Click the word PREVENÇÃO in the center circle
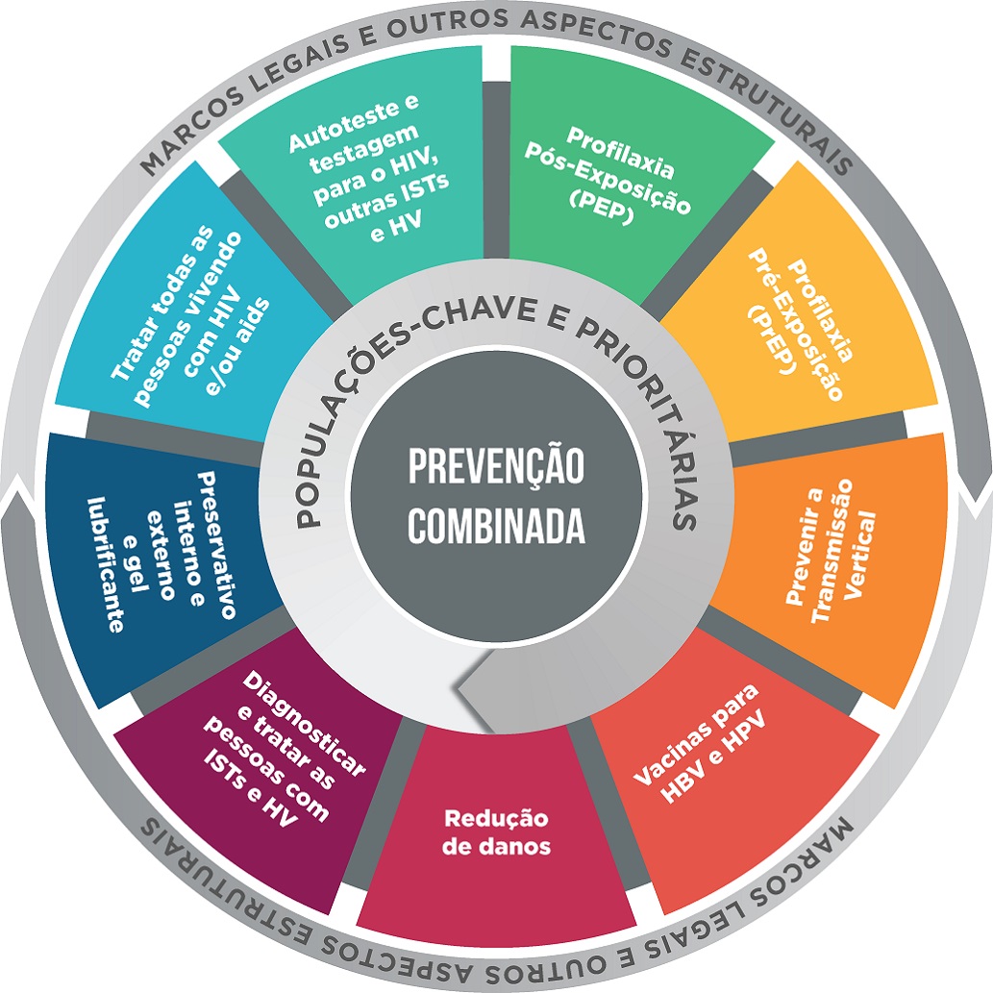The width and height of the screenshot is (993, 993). pos(495,468)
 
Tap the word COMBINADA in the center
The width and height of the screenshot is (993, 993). pos(495,525)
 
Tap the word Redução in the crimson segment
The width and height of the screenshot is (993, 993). pos(496,819)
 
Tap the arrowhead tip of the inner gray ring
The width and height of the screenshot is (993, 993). pos(458,688)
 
